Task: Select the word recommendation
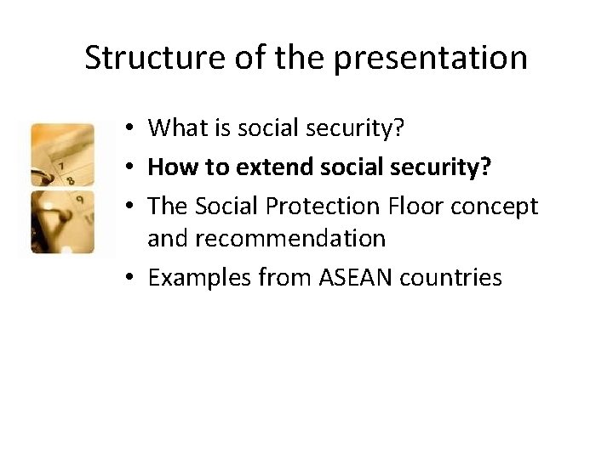[266, 240]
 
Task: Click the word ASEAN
[358, 277]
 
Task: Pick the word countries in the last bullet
[450, 277]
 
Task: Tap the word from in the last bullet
[289, 277]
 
